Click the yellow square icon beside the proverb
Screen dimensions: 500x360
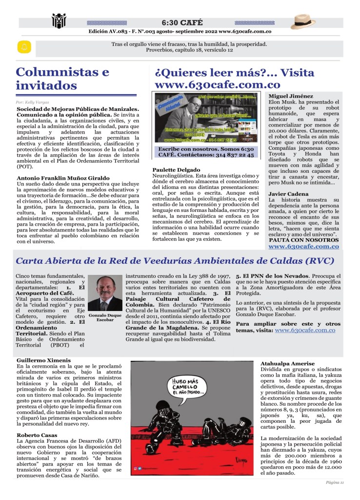[23, 47]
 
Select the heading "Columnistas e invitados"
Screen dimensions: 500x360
[62, 79]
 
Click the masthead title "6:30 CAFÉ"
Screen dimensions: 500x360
[182, 22]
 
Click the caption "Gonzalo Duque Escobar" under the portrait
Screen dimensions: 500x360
[104, 317]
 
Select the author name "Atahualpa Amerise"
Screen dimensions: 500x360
[287, 364]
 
